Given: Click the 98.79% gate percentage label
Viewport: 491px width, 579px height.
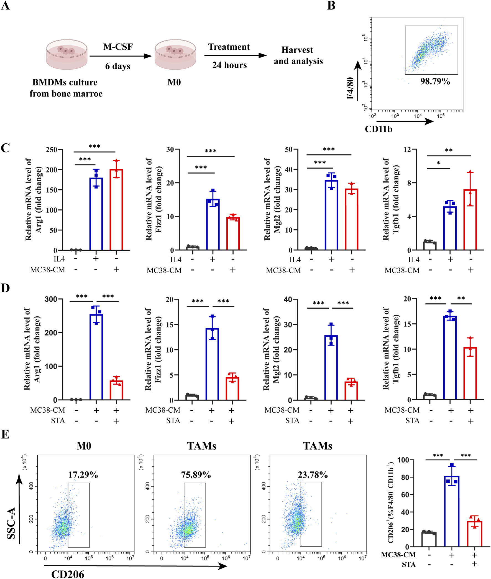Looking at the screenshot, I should [x=435, y=81].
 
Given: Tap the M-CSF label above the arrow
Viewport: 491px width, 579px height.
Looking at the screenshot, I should [x=118, y=47].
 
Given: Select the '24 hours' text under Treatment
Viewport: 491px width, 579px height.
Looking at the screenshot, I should [x=229, y=65].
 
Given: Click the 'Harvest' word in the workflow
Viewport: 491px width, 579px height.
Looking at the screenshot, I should [x=297, y=50].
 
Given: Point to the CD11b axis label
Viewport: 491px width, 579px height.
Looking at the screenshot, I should [x=379, y=129].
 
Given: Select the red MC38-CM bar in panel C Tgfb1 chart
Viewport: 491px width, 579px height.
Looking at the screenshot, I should [x=470, y=220].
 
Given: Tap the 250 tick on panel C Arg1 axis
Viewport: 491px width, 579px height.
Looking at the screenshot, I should [x=52, y=149].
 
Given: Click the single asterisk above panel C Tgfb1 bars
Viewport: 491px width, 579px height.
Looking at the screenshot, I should [x=438, y=163].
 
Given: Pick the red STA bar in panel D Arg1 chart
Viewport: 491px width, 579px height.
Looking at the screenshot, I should [x=116, y=390].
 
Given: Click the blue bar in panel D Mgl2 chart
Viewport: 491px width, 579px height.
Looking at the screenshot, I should [x=331, y=368].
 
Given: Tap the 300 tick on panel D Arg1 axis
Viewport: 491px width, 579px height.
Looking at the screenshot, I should [x=51, y=299].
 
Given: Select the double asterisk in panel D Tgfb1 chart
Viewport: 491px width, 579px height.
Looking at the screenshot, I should [x=461, y=298].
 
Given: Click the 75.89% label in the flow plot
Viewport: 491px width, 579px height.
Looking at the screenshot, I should [x=196, y=474].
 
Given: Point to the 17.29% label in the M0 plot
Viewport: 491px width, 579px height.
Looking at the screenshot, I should [x=83, y=474].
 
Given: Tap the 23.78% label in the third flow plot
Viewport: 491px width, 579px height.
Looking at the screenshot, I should [x=313, y=474].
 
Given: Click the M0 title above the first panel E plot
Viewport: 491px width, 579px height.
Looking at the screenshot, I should [x=84, y=446].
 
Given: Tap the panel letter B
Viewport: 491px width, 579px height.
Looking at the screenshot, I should [x=331, y=6].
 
